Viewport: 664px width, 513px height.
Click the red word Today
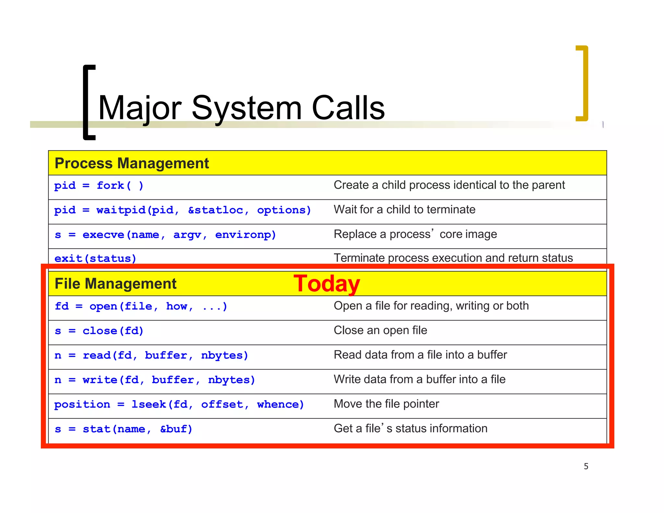[x=326, y=284]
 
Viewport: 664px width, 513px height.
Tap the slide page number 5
[x=586, y=466]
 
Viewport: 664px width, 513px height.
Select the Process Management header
[x=132, y=163]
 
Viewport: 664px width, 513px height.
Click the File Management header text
[x=115, y=284]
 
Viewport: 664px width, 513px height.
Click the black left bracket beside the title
[x=88, y=102]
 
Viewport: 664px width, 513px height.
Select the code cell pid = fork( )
[x=99, y=185]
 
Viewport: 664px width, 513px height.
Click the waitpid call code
[x=183, y=210]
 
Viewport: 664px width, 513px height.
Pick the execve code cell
[x=165, y=234]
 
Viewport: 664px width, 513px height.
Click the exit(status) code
[x=95, y=258]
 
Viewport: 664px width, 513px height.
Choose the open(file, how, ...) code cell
[x=141, y=306]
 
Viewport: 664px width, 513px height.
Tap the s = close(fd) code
[x=99, y=331]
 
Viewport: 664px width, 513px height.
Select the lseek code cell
[x=179, y=404]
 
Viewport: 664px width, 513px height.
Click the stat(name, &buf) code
[x=124, y=429]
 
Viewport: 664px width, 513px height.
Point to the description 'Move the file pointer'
[x=386, y=404]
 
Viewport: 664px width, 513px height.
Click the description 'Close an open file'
[x=380, y=330]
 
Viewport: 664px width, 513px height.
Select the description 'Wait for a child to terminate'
[x=404, y=210]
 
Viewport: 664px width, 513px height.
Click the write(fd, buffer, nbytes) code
[x=155, y=380]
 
